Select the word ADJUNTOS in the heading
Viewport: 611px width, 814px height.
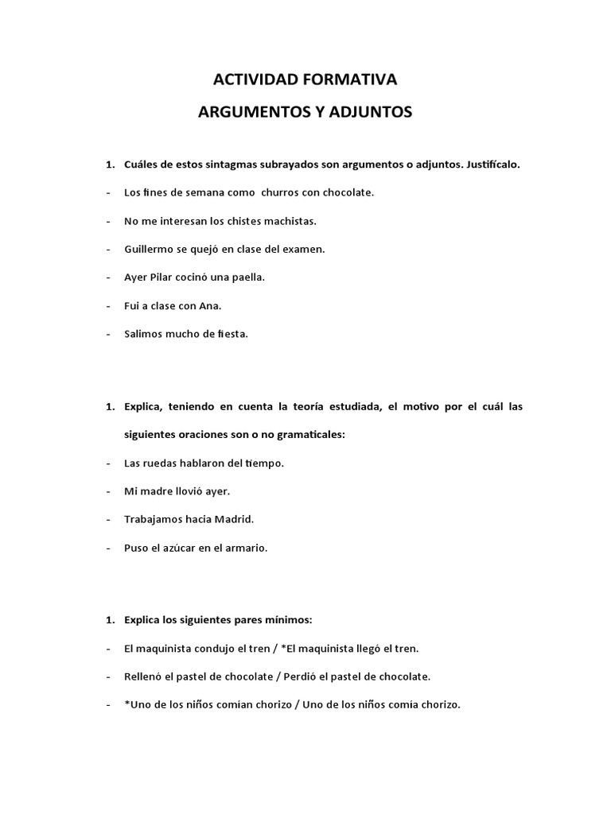click(x=372, y=113)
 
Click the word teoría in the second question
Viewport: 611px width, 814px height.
click(x=329, y=406)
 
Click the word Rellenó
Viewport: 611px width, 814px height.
click(x=144, y=676)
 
